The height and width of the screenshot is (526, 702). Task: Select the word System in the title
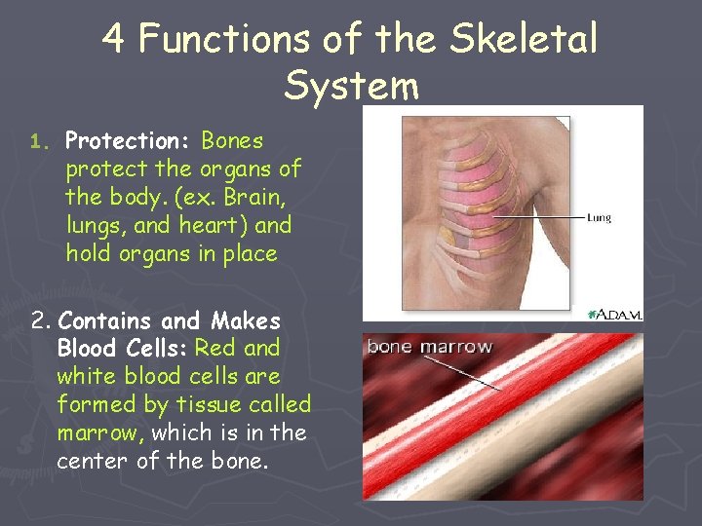click(351, 86)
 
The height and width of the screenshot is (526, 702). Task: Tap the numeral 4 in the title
click(114, 40)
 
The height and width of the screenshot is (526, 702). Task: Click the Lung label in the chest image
click(598, 218)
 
